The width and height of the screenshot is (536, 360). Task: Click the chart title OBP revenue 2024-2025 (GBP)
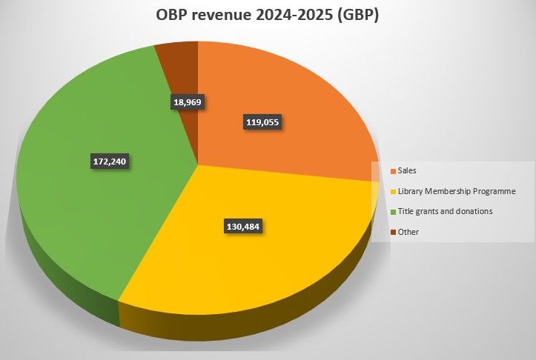coord(268,16)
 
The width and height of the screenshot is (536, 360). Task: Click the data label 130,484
coord(243,225)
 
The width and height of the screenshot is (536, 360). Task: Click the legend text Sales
coord(408,170)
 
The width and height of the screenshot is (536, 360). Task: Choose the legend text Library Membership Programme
coord(456,191)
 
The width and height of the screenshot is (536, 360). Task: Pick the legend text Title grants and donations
coord(445,212)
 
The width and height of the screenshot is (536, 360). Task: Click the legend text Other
coord(408,232)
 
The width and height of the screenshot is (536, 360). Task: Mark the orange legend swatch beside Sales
coord(392,171)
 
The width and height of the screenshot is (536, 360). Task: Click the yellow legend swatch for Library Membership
coord(392,191)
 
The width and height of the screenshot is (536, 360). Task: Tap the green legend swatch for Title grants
coord(392,212)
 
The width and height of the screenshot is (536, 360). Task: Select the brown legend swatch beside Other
coord(392,232)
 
